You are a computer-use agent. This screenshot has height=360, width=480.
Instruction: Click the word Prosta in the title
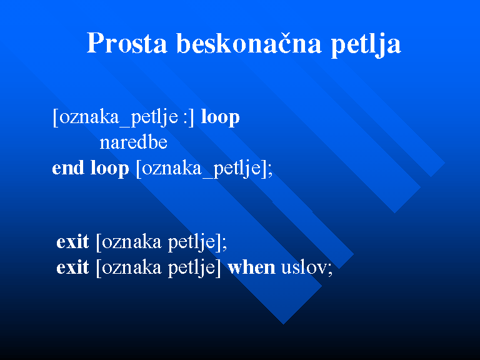127,43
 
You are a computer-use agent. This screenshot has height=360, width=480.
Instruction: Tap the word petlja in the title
366,45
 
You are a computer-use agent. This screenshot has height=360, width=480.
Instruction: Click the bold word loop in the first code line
220,117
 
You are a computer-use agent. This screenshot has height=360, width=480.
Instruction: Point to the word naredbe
134,142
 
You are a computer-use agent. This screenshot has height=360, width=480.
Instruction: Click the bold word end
68,167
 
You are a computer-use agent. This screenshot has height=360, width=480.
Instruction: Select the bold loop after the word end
109,169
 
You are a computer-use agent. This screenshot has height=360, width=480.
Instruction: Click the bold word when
252,267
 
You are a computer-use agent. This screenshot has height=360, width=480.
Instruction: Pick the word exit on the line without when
72,241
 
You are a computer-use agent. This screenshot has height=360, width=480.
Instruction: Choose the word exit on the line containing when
72,267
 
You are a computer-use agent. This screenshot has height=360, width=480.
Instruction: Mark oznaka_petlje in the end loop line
201,169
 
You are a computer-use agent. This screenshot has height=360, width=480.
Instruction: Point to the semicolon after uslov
330,269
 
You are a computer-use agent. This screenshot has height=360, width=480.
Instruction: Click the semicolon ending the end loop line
270,171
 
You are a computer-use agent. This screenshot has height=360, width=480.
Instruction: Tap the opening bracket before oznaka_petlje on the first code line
55,117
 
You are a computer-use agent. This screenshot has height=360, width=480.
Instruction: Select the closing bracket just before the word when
218,268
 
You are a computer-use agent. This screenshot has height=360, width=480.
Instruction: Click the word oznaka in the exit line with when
132,267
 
